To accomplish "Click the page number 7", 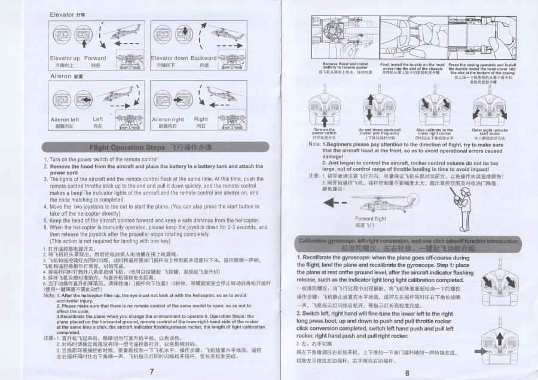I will pyautogui.click(x=151, y=371).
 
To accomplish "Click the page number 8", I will pyautogui.click(x=406, y=373).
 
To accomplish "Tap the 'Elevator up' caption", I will pyautogui.click(x=65, y=59).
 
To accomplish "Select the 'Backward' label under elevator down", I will pyautogui.click(x=204, y=59).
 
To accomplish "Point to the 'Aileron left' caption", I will pyautogui.click(x=65, y=119).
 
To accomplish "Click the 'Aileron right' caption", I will pyautogui.click(x=167, y=119).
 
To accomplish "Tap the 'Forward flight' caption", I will pyautogui.click(x=371, y=219).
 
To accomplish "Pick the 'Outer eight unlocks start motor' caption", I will pyautogui.click(x=490, y=132).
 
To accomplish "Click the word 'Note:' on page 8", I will pyautogui.click(x=314, y=144).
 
